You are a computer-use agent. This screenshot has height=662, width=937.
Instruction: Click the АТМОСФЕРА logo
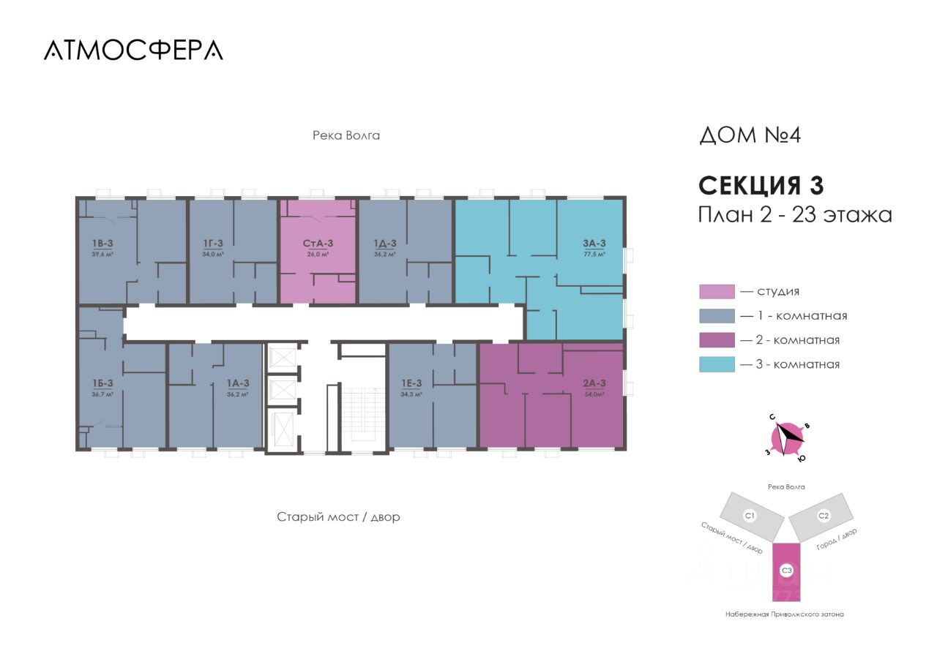click(133, 49)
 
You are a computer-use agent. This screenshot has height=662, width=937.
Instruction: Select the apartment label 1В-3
click(102, 244)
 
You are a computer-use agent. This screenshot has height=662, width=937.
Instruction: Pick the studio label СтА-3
click(318, 244)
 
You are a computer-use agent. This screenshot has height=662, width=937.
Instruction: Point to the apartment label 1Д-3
click(384, 244)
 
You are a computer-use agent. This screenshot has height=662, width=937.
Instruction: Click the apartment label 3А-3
click(594, 244)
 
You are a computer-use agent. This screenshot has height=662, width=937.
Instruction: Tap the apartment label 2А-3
click(594, 383)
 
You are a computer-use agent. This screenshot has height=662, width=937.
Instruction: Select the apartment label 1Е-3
click(411, 383)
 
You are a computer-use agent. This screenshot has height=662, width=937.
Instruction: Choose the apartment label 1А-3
click(238, 383)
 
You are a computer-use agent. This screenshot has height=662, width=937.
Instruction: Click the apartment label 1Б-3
click(102, 383)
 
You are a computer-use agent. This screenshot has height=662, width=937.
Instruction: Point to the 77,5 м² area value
click(594, 255)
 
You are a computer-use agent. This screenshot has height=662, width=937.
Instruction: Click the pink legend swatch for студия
click(717, 292)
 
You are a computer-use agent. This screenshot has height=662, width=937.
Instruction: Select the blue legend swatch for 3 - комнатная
click(717, 364)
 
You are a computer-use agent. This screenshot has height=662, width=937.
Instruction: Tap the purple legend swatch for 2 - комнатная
click(717, 340)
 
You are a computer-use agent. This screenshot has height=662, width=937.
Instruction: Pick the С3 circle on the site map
click(787, 570)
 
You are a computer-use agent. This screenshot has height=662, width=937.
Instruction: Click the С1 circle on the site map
click(750, 516)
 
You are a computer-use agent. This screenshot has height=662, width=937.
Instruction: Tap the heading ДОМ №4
click(750, 136)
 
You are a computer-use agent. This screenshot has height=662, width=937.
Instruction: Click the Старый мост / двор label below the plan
click(338, 516)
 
